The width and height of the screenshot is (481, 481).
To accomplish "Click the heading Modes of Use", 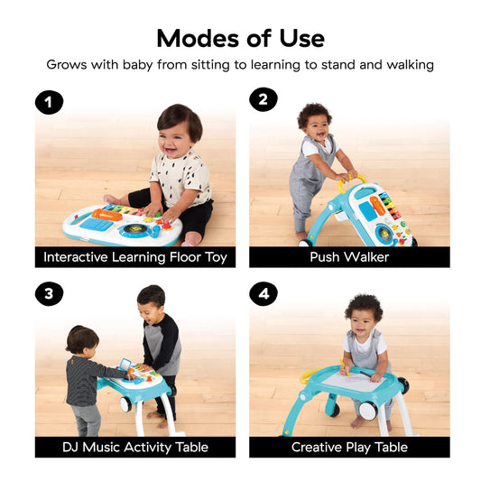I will (240, 38).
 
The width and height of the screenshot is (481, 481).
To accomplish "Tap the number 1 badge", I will (49, 101).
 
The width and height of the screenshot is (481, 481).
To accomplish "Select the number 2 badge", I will (263, 100).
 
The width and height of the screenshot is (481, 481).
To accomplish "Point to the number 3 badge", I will (49, 294).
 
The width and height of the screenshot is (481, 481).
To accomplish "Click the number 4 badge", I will (263, 294).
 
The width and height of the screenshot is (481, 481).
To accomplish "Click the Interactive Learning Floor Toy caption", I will (135, 257).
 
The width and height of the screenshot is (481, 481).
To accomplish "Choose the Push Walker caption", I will (349, 257).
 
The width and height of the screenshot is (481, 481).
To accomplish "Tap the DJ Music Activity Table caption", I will (135, 447).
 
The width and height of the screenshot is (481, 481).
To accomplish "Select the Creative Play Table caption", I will (349, 447).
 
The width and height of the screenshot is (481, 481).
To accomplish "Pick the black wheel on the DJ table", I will (126, 404).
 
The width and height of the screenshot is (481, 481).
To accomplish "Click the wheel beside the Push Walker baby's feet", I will (304, 242).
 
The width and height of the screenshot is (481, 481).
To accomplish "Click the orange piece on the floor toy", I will (107, 214).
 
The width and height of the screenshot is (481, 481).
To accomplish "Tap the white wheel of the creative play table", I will (367, 410).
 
